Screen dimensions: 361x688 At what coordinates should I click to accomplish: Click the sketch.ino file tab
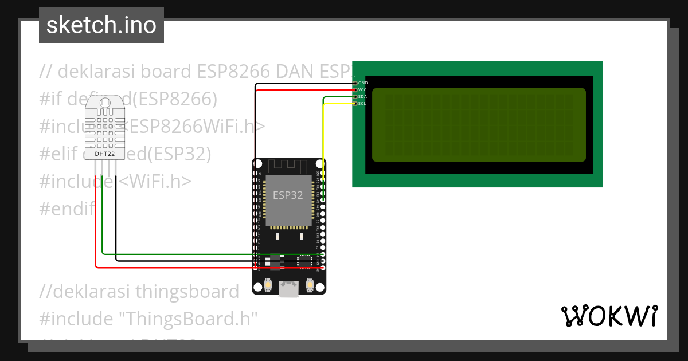(x=101, y=25)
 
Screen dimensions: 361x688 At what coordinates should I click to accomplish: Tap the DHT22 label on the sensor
(x=104, y=154)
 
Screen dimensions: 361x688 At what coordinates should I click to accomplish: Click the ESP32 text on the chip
(x=288, y=195)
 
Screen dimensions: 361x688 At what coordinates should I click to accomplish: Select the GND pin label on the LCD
(x=363, y=83)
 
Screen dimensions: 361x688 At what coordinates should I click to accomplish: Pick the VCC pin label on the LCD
(x=363, y=90)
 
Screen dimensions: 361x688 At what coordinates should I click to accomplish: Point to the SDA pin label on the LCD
(x=363, y=97)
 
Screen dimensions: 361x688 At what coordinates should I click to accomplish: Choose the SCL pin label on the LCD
(x=363, y=104)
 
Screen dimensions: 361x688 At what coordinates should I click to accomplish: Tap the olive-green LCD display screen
(x=479, y=125)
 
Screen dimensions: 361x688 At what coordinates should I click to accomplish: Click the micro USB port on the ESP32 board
(x=288, y=289)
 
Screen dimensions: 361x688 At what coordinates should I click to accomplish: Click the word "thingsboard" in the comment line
(x=187, y=291)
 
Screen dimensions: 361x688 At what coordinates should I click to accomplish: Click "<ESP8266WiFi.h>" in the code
(x=195, y=127)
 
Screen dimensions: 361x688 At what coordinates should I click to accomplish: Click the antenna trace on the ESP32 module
(x=289, y=166)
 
